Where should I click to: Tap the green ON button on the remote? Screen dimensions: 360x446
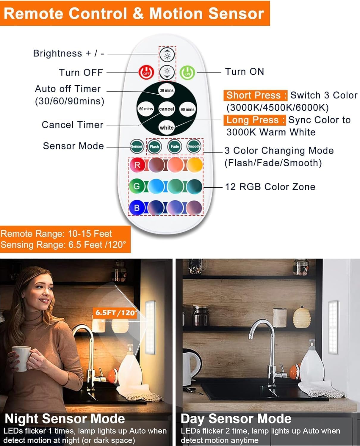(187, 73)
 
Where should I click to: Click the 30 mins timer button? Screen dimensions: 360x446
(167, 90)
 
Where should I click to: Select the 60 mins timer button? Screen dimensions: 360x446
(146, 109)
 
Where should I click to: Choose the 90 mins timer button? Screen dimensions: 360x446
(187, 109)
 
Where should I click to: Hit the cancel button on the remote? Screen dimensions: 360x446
(167, 109)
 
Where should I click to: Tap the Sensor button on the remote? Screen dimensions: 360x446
(137, 146)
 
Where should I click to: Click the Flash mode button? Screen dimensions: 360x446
(154, 147)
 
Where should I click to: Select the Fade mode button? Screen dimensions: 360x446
(175, 146)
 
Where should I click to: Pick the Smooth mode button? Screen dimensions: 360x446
(194, 146)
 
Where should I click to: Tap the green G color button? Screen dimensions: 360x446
(137, 186)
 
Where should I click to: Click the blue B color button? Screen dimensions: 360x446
(137, 208)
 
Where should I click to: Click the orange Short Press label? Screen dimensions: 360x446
(255, 95)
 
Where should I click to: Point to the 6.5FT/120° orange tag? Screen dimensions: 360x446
(115, 313)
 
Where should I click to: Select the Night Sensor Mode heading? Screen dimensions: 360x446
(65, 419)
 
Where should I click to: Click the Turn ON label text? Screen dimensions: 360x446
(245, 72)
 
